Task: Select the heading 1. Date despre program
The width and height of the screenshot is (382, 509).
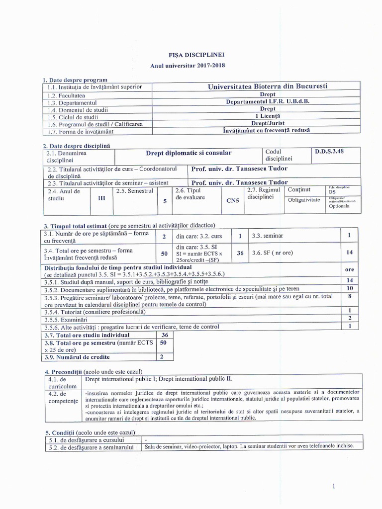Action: click(x=75, y=80)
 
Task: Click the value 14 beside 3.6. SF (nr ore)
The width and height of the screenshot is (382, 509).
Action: click(x=349, y=253)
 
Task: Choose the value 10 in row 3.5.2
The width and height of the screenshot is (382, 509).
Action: click(x=349, y=288)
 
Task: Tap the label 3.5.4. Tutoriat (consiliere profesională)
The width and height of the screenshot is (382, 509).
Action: click(x=95, y=311)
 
